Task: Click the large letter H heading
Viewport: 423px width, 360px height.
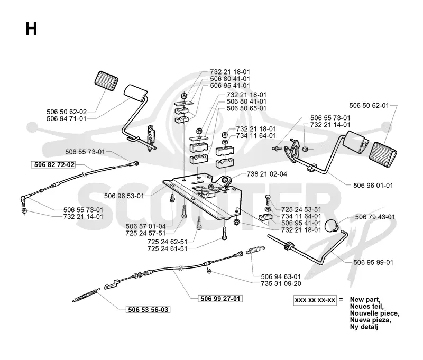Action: pyautogui.click(x=31, y=29)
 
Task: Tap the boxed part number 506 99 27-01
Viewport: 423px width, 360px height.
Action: pyautogui.click(x=220, y=299)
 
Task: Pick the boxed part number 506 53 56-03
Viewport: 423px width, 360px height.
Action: pyautogui.click(x=148, y=310)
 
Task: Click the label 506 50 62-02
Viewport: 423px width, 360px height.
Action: pyautogui.click(x=67, y=112)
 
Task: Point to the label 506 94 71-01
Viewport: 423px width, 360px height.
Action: pyautogui.click(x=67, y=118)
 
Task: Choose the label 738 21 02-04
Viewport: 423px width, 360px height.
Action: pyautogui.click(x=267, y=174)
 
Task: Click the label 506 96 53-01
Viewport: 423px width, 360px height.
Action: pyautogui.click(x=124, y=196)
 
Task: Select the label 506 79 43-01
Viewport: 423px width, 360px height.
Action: pyautogui.click(x=375, y=217)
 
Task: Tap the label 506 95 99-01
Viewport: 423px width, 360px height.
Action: pyautogui.click(x=373, y=262)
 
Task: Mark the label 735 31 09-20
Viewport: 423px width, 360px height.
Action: pyautogui.click(x=281, y=284)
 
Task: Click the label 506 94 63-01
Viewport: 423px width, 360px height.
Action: pyautogui.click(x=281, y=276)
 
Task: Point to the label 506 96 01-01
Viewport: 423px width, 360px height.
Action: pyautogui.click(x=373, y=186)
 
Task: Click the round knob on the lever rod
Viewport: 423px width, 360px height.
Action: pyautogui.click(x=332, y=226)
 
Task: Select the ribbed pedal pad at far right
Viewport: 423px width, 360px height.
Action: pyautogui.click(x=383, y=155)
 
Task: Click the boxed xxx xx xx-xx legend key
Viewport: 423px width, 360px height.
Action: pyautogui.click(x=315, y=300)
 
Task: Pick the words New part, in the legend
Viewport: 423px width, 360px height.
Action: pyautogui.click(x=365, y=299)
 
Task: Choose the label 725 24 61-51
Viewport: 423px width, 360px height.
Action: pyautogui.click(x=167, y=248)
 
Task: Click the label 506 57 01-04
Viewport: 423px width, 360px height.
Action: pyautogui.click(x=146, y=226)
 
